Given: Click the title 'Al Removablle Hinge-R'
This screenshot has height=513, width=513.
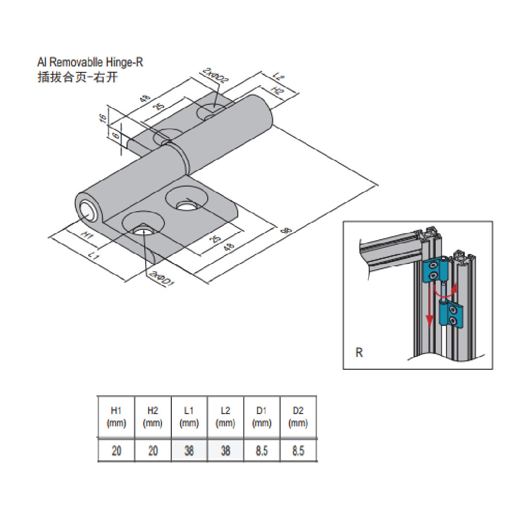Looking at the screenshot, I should point(90,63).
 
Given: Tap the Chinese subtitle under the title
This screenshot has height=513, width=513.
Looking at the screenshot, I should point(78,77).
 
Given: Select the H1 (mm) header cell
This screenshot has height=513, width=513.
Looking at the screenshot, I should point(116,417).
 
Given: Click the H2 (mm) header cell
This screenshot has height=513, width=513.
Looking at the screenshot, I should point(153,417).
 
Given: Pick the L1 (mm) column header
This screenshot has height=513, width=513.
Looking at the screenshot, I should point(189,417).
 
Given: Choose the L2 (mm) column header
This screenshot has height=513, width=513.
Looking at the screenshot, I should point(225,417).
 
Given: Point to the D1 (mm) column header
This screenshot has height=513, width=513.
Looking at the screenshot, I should point(262,417).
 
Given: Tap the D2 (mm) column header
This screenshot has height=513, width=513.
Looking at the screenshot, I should point(298,417).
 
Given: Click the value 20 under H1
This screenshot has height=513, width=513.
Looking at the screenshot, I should point(116,450).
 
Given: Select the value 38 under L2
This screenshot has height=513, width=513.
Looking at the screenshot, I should point(225,450).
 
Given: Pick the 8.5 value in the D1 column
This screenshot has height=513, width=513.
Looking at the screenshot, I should point(262,450).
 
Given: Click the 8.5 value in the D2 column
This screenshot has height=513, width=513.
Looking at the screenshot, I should point(298,450).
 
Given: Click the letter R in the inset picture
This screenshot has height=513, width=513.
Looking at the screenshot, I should point(359,353).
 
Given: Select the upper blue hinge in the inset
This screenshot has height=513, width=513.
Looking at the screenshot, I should point(434,270).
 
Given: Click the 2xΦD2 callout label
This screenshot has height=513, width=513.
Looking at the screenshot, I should point(214,79).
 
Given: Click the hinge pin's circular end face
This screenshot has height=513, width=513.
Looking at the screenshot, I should point(89,211).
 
